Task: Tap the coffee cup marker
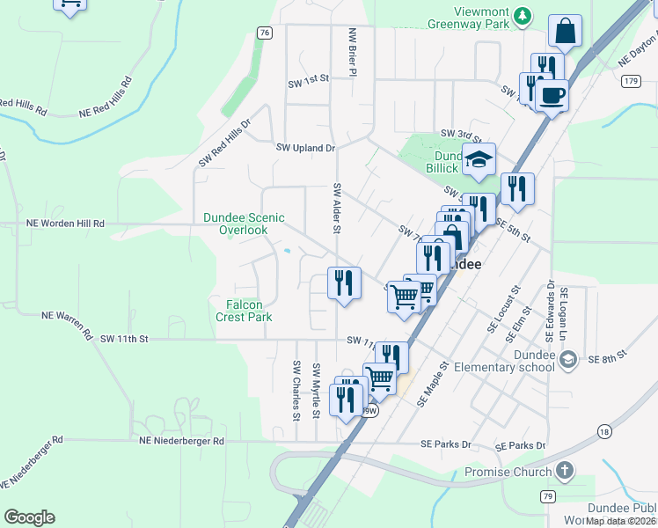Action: pyautogui.click(x=552, y=94)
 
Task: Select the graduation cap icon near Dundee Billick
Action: pyautogui.click(x=479, y=159)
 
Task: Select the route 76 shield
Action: pyautogui.click(x=265, y=32)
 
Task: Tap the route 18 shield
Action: pyautogui.click(x=603, y=431)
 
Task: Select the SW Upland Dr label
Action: pyautogui.click(x=306, y=149)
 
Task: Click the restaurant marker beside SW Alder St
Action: pyautogui.click(x=343, y=282)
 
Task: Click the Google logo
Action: pyautogui.click(x=29, y=517)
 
